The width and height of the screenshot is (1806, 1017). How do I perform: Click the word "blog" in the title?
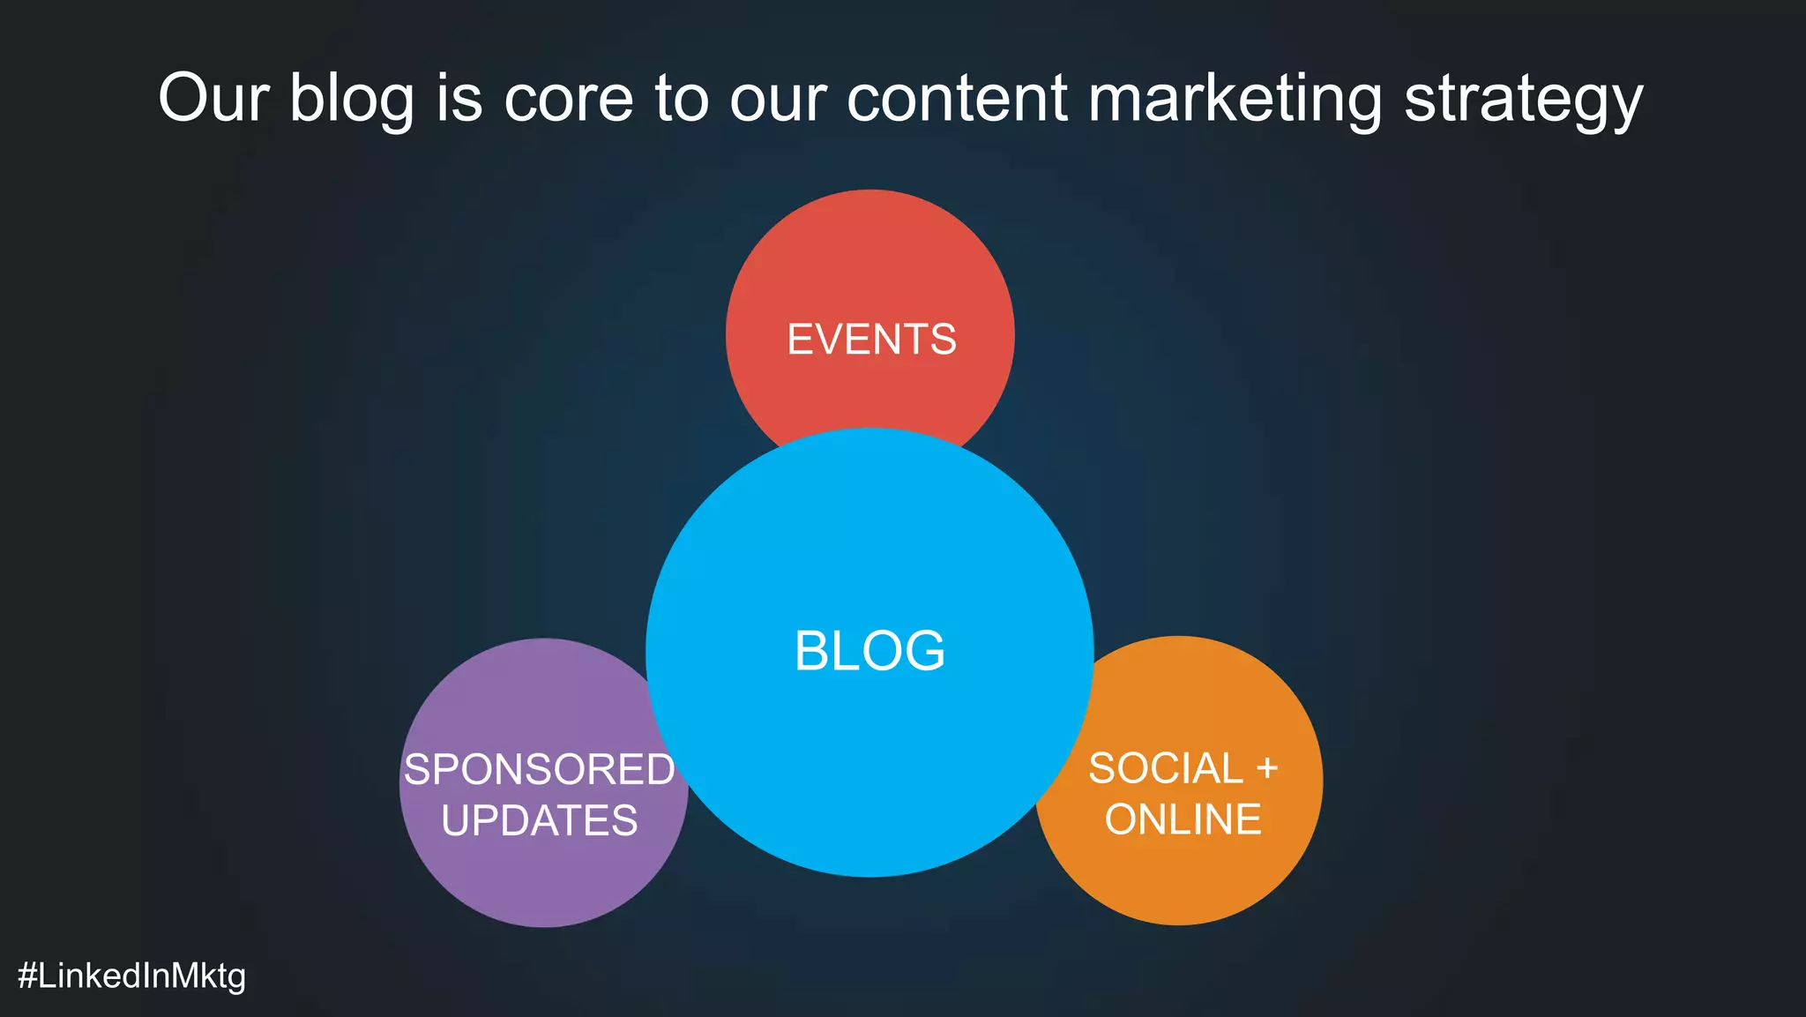point(351,99)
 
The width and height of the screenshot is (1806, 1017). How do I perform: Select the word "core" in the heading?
point(568,99)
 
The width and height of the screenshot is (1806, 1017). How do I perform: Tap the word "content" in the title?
point(957,99)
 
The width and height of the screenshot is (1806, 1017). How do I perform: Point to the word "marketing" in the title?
point(1235,99)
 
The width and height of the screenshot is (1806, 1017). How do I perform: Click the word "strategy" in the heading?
point(1523,99)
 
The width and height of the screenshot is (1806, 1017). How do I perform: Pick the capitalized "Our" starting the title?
point(213,99)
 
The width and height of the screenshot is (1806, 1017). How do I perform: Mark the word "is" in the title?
point(459,99)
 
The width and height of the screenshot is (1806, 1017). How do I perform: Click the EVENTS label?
point(871,340)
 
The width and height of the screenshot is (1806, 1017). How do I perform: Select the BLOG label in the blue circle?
point(869,651)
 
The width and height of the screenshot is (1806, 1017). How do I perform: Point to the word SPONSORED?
point(539,769)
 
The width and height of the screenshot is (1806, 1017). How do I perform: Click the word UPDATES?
point(539,820)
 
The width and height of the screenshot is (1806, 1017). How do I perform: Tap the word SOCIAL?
point(1165,768)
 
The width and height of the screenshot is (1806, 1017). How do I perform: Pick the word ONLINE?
point(1183,819)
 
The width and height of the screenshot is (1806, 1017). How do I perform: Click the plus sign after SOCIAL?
point(1267,768)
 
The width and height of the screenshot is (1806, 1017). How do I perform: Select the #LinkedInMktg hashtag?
point(131,976)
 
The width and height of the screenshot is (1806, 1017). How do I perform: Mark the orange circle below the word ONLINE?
point(1179,882)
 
